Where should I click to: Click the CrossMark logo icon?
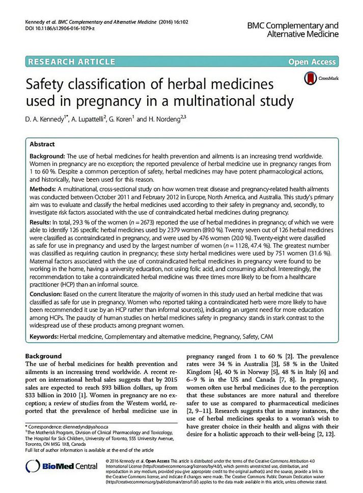click(309, 78)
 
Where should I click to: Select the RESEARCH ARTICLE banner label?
click(71, 62)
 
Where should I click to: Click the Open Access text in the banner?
click(312, 62)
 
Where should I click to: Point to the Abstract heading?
click(42, 144)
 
